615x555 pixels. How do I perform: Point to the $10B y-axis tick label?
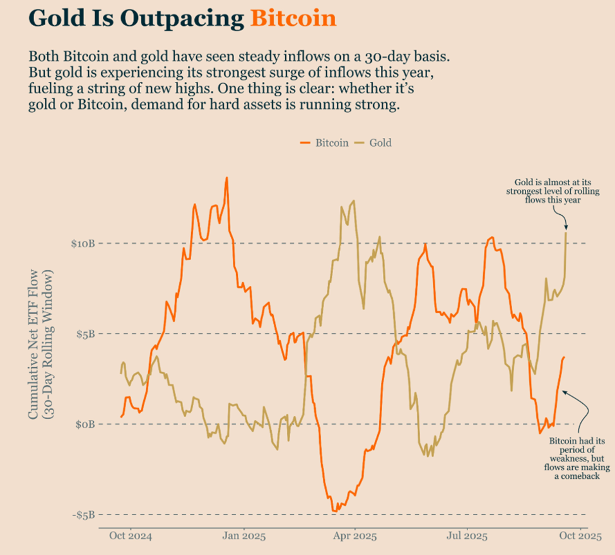click(x=82, y=244)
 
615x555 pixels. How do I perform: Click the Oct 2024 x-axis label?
click(x=131, y=537)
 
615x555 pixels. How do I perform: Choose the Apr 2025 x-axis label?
click(x=354, y=537)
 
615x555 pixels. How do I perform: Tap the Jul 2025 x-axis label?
click(x=467, y=537)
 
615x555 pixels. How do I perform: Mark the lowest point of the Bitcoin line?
click(x=333, y=511)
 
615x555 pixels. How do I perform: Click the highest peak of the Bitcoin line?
click(x=226, y=178)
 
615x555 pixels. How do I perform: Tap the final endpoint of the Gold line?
click(x=566, y=232)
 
